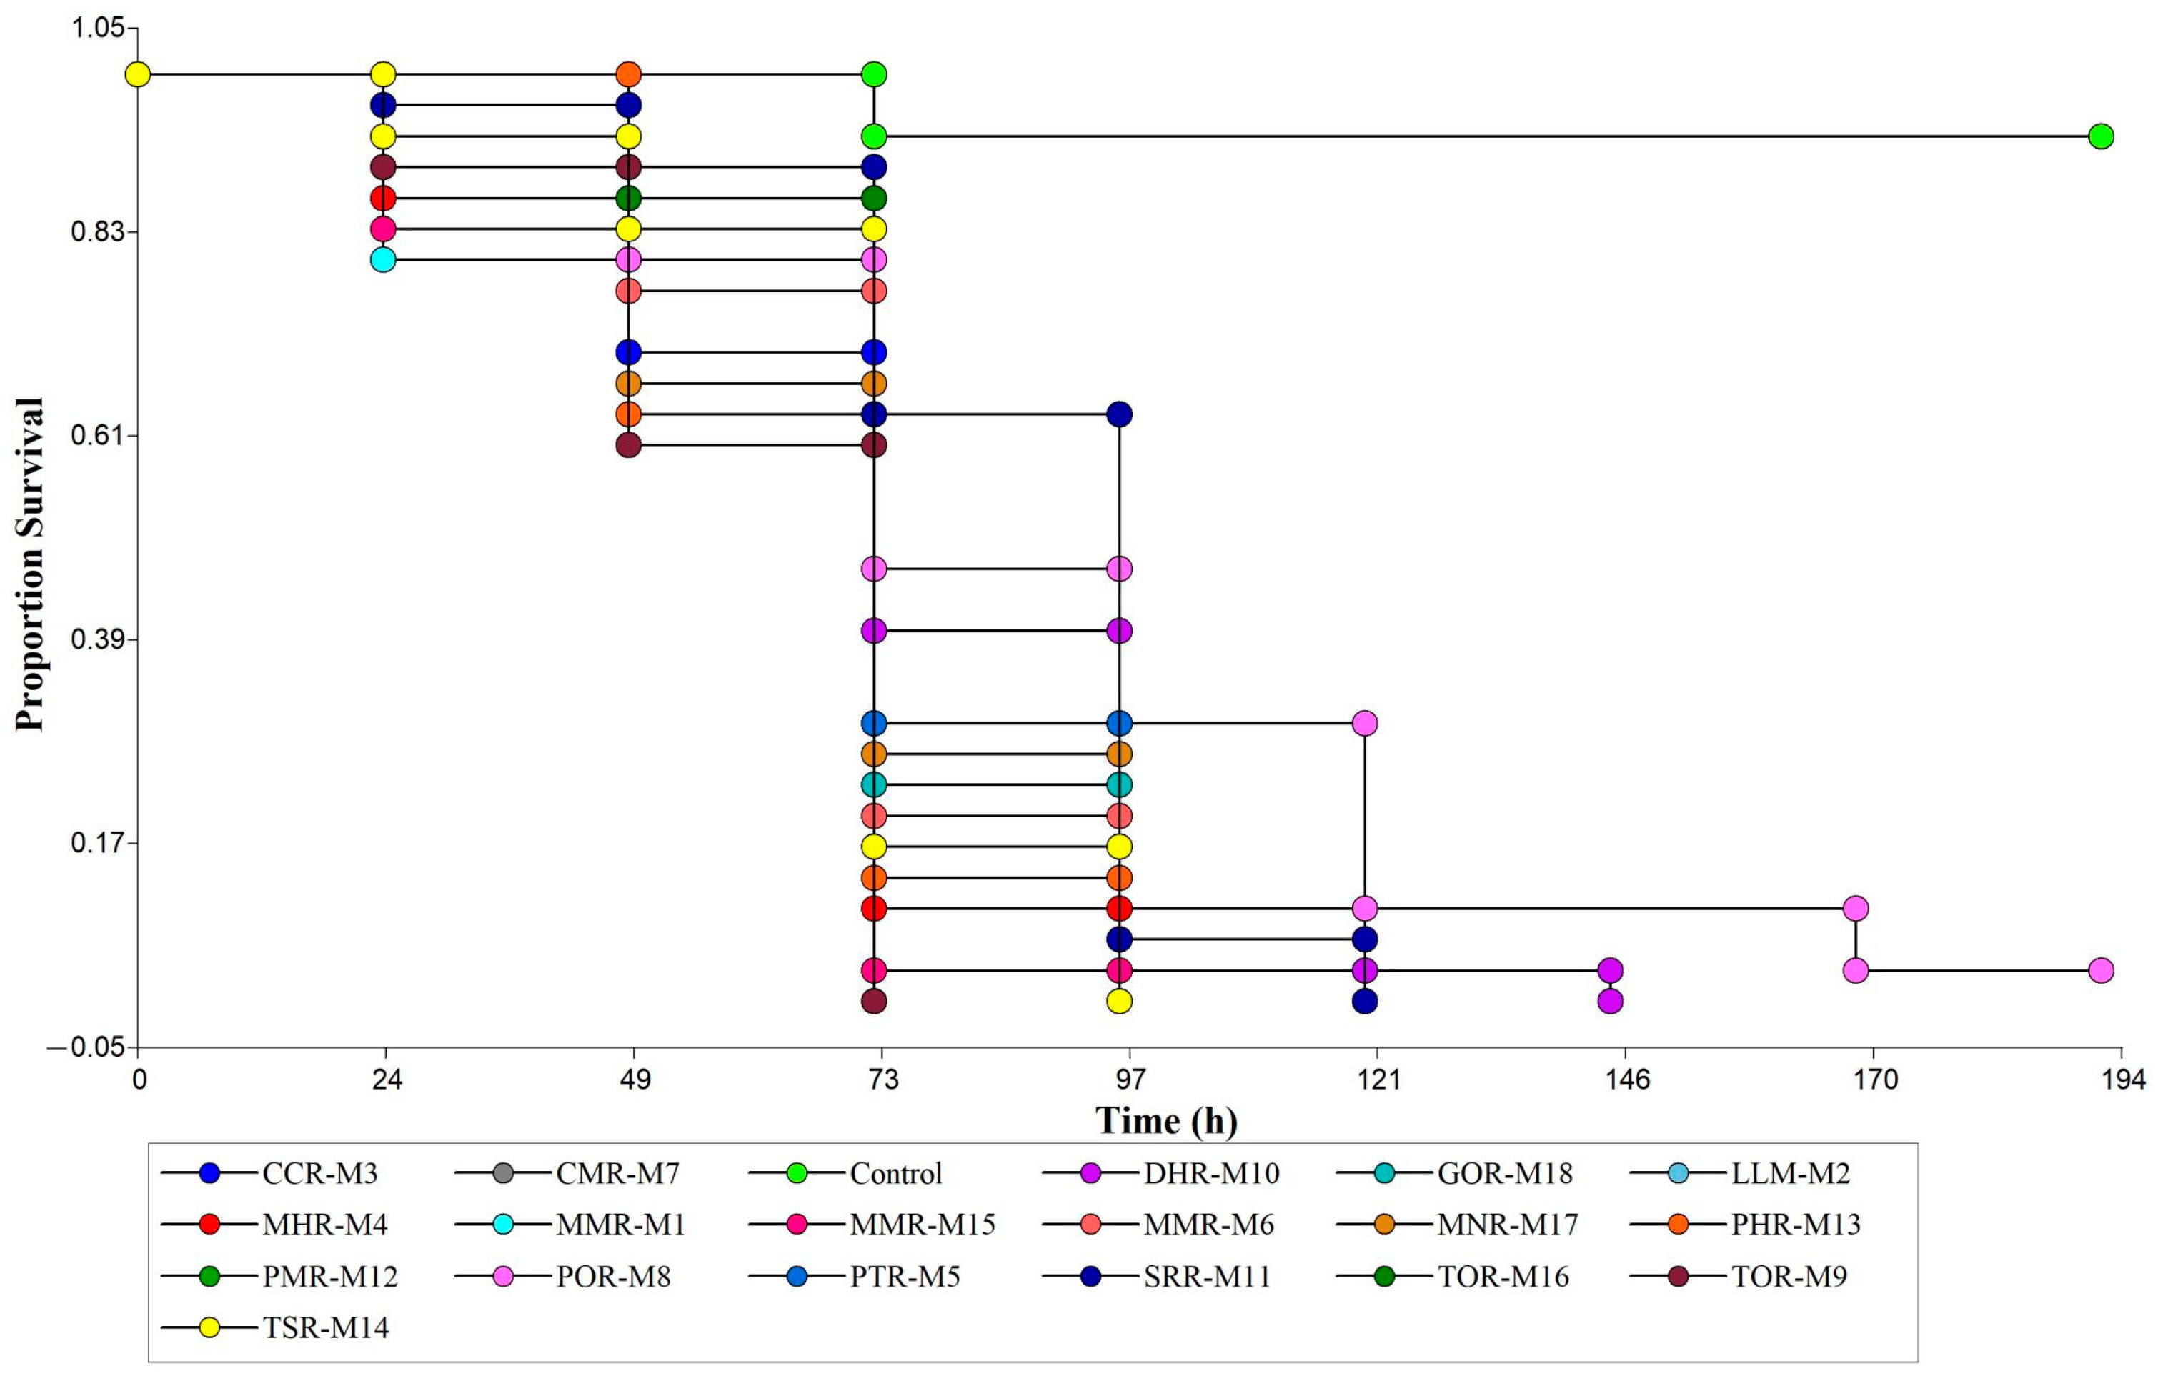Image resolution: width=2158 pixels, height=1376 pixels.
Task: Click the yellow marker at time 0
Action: pos(137,74)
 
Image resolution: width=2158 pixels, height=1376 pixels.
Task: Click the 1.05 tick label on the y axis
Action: pos(96,28)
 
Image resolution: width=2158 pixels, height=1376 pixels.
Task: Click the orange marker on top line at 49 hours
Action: pos(629,74)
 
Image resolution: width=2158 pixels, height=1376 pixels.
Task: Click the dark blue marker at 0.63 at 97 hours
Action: pos(1119,414)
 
